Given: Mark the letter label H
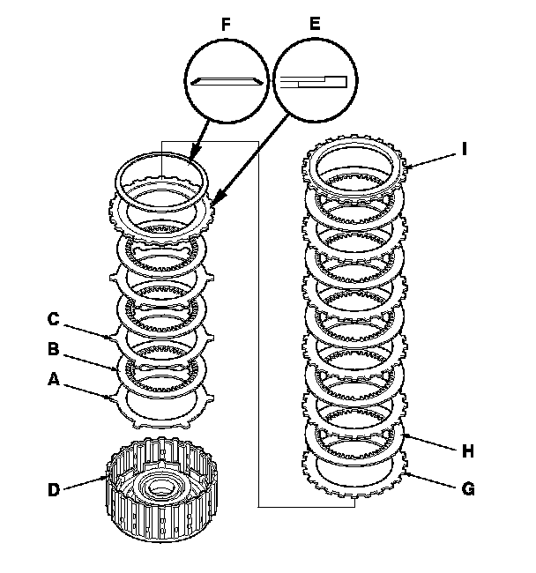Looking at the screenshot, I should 468,450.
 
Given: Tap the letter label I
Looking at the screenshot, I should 465,149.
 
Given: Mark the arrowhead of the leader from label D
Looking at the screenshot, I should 108,476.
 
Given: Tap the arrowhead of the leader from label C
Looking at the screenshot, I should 111,336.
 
